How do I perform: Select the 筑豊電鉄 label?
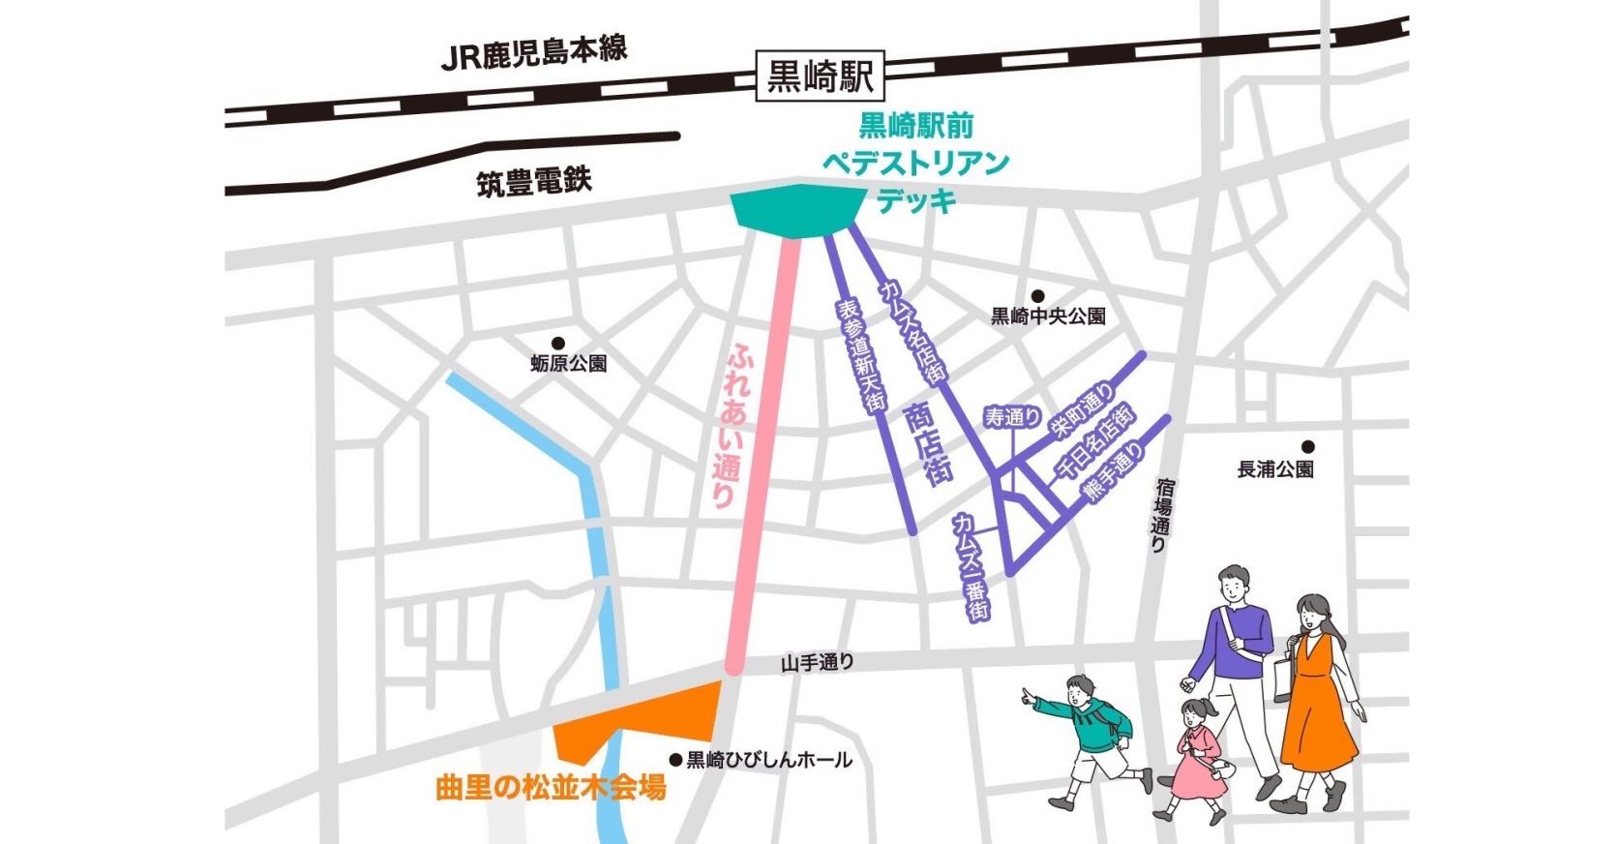click(533, 181)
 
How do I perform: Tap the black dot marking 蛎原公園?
click(557, 343)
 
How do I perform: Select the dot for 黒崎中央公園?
click(1036, 296)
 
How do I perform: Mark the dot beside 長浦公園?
click(1307, 447)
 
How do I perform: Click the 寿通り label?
click(1012, 418)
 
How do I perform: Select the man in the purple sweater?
click(1234, 639)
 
